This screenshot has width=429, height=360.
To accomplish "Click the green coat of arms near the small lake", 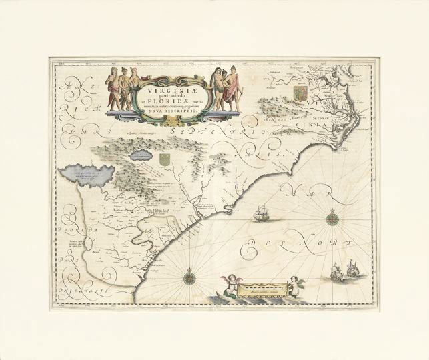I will (x=164, y=159).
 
